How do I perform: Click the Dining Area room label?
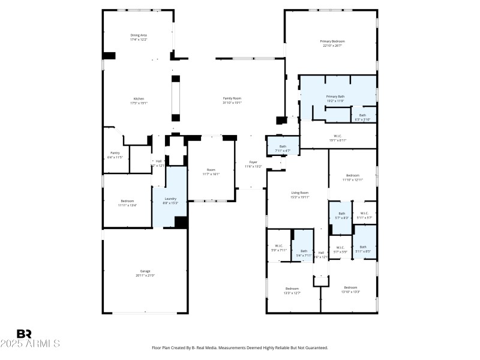point(139,35)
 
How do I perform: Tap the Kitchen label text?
point(139,98)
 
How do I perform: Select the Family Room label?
point(232,98)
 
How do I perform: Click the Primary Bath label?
point(335,97)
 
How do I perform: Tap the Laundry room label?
point(170,199)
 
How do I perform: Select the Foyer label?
point(254,162)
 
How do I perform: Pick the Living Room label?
point(300,193)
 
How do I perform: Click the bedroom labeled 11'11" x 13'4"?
point(127,201)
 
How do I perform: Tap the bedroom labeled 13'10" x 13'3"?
point(350,287)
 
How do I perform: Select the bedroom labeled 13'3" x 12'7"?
point(292,289)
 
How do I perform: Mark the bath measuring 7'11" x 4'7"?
point(283,146)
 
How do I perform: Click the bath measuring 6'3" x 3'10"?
point(362,115)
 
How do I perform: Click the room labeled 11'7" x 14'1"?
point(211,170)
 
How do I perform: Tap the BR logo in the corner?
point(24,334)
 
